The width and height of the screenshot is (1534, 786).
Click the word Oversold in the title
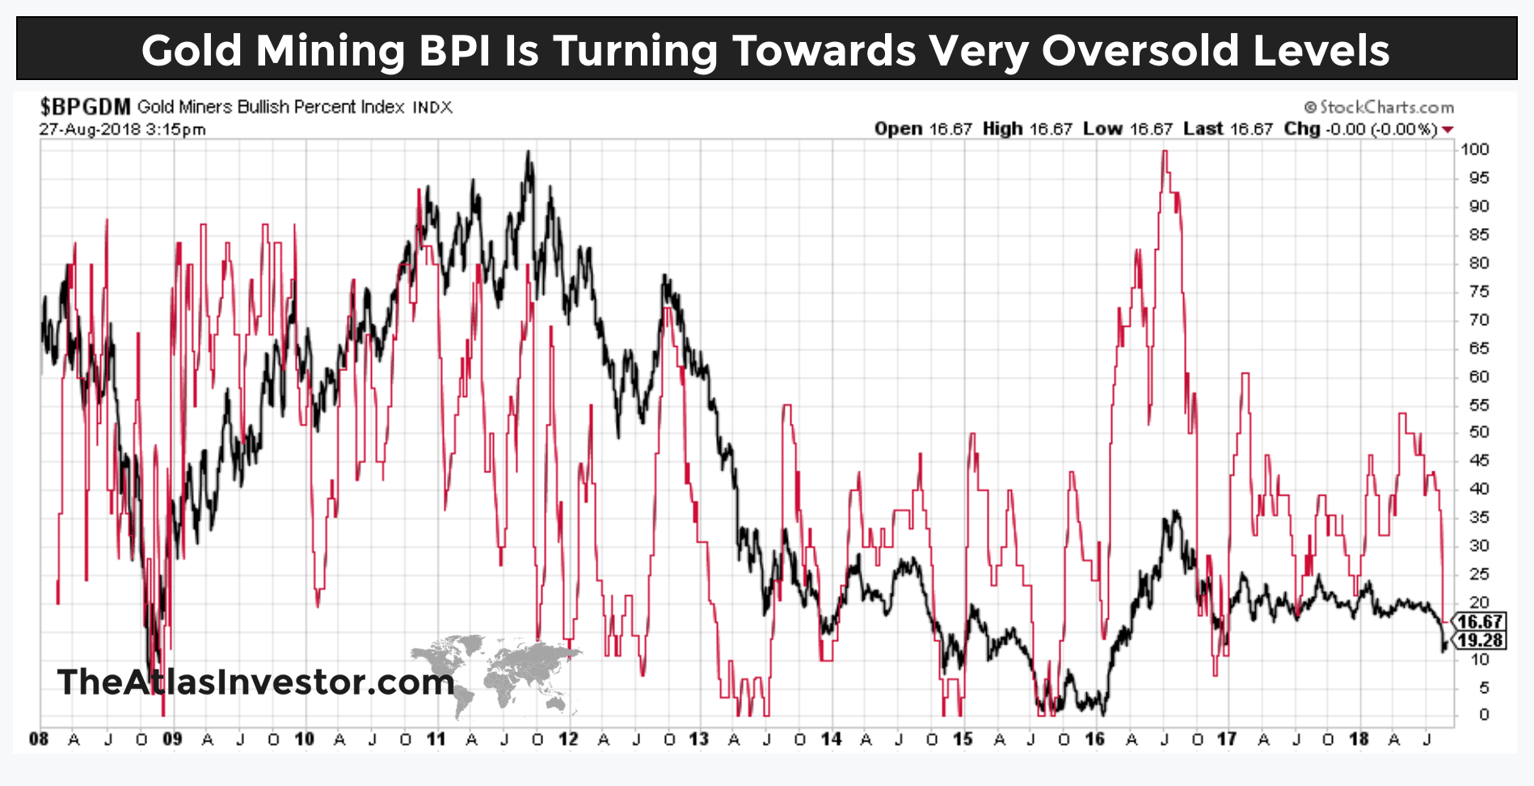click(1140, 50)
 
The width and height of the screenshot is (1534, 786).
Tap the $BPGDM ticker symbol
click(85, 107)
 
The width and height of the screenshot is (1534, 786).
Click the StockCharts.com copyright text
click(1379, 107)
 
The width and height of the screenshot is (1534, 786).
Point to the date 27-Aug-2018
click(90, 129)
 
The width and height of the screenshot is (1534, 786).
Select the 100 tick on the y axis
click(1474, 150)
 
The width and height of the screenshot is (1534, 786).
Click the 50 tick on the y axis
click(1478, 433)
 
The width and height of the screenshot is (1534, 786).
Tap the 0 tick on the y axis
click(1483, 715)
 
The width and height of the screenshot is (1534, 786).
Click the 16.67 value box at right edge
click(1480, 622)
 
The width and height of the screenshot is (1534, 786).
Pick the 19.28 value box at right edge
click(1480, 640)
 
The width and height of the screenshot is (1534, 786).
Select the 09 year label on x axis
click(172, 739)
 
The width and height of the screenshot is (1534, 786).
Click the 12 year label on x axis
click(568, 739)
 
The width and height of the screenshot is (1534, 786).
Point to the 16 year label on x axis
click(1094, 739)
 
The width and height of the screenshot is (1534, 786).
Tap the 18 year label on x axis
click(1359, 739)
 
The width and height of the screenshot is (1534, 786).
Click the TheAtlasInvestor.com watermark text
click(255, 682)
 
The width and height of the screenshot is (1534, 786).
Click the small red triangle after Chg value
click(1448, 129)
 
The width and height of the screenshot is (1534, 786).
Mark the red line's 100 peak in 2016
click(1165, 152)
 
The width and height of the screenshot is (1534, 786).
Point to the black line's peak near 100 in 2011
click(528, 152)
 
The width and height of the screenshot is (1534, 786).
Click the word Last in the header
click(1203, 129)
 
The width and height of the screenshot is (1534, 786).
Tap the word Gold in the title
click(192, 50)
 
